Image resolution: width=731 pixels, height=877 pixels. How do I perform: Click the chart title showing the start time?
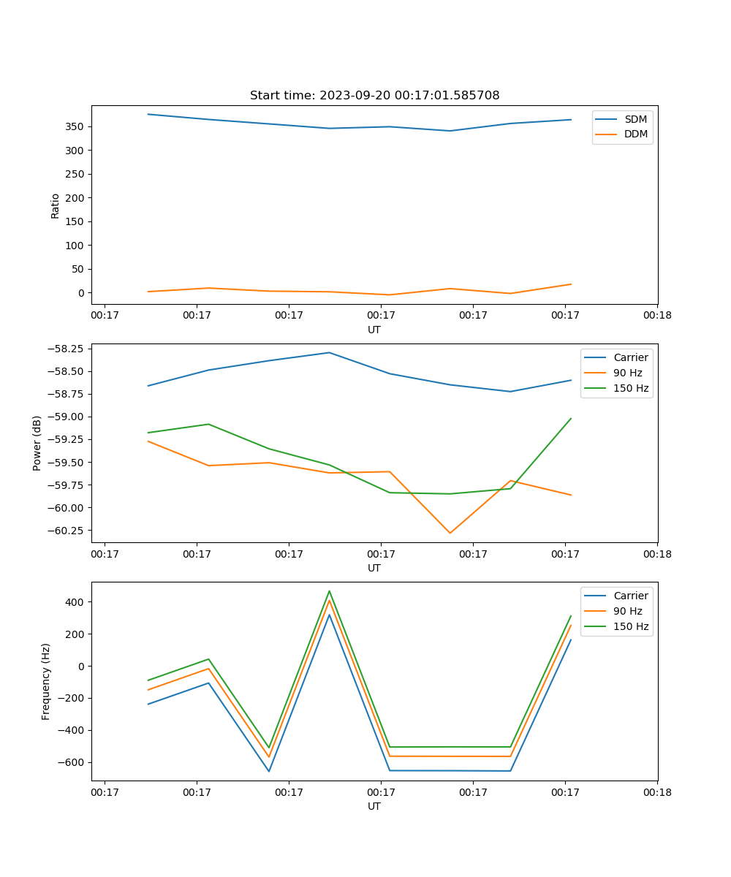[374, 96]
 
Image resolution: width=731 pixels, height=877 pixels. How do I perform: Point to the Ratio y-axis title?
[56, 205]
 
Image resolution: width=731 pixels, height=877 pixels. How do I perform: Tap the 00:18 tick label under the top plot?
[657, 315]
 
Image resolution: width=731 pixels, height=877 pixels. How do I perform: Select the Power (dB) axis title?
[37, 444]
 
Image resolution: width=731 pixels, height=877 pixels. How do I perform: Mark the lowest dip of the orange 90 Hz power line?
[450, 533]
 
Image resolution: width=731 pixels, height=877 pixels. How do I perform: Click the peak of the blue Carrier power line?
[329, 352]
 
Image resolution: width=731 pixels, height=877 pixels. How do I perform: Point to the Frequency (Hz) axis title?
[46, 682]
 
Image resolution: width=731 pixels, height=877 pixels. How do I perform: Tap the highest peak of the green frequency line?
[329, 591]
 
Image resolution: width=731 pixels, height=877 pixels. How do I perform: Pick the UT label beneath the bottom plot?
[374, 806]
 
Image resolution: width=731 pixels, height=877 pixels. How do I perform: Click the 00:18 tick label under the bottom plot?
[657, 791]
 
